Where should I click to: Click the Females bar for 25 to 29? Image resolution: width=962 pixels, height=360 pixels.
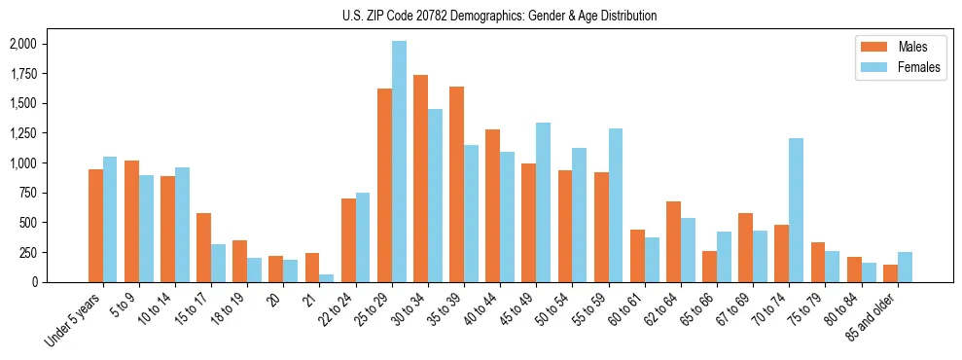(x=399, y=162)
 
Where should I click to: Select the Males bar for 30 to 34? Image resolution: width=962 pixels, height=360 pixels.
(x=420, y=178)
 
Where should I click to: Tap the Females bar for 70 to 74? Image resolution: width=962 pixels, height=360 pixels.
(x=796, y=210)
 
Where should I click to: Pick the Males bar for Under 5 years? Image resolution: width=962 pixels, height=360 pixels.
(x=95, y=226)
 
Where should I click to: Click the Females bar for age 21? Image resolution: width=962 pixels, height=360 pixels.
(x=327, y=278)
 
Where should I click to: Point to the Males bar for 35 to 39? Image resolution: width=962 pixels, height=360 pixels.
(x=456, y=184)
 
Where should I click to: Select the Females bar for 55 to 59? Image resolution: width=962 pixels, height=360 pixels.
(x=616, y=205)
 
